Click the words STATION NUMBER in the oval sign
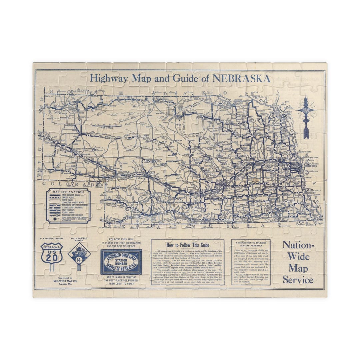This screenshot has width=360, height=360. pyautogui.click(x=121, y=262)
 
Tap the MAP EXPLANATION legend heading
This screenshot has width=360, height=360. pyautogui.click(x=68, y=192)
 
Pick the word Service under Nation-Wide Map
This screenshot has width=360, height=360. pyautogui.click(x=298, y=280)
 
